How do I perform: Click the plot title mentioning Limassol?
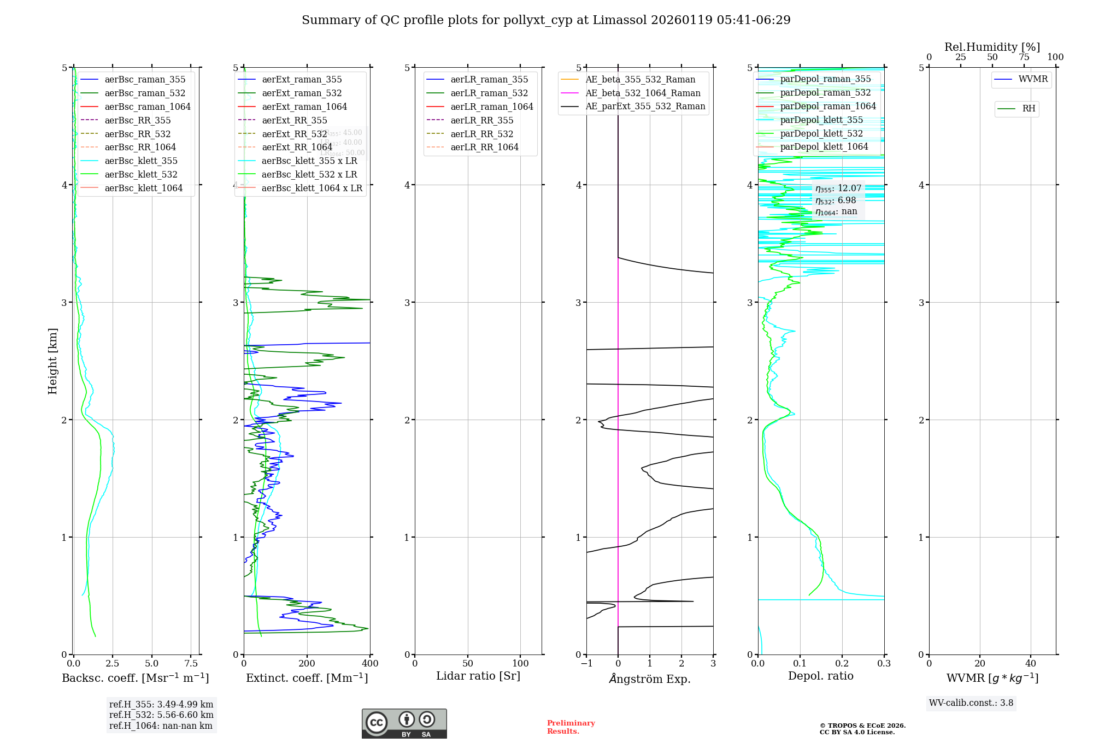click(546, 20)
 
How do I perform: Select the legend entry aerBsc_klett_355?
click(141, 161)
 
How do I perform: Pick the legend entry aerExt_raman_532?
click(302, 93)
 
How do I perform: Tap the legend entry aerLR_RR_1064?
click(484, 147)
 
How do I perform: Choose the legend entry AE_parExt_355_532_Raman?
click(645, 106)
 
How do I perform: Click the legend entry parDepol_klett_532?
click(821, 133)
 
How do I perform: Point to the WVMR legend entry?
click(1033, 79)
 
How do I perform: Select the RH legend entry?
click(1029, 109)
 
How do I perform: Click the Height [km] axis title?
click(52, 361)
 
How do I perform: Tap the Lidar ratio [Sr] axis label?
click(478, 676)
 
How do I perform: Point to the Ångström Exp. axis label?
click(650, 679)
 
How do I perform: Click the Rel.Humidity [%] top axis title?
click(992, 47)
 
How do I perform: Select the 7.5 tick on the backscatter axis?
click(191, 664)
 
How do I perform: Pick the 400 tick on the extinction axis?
click(370, 664)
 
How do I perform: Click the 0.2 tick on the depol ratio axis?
click(842, 664)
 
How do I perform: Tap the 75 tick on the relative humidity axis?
click(1024, 57)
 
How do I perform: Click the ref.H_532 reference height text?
click(161, 715)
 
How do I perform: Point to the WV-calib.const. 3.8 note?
click(971, 703)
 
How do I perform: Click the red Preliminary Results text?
click(571, 727)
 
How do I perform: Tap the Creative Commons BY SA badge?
click(404, 723)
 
